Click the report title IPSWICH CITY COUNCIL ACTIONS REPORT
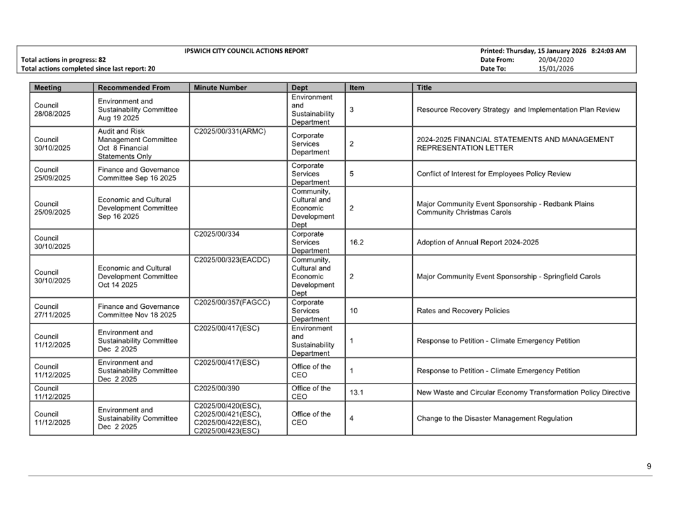246,51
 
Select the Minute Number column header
220,87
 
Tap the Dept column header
299,87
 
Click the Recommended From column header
134,87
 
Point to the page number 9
649,466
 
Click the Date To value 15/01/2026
556,68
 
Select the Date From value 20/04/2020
556,60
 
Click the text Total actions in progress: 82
64,60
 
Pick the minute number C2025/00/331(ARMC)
229,131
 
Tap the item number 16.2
357,243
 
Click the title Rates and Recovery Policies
463,311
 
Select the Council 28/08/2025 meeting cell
52,109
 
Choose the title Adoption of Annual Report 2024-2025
478,243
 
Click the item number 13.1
357,392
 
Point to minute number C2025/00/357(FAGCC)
232,302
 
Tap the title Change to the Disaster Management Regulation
494,418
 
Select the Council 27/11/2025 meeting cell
52,311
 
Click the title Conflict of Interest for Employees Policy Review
493,174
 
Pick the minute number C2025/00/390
216,389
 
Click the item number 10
354,311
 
